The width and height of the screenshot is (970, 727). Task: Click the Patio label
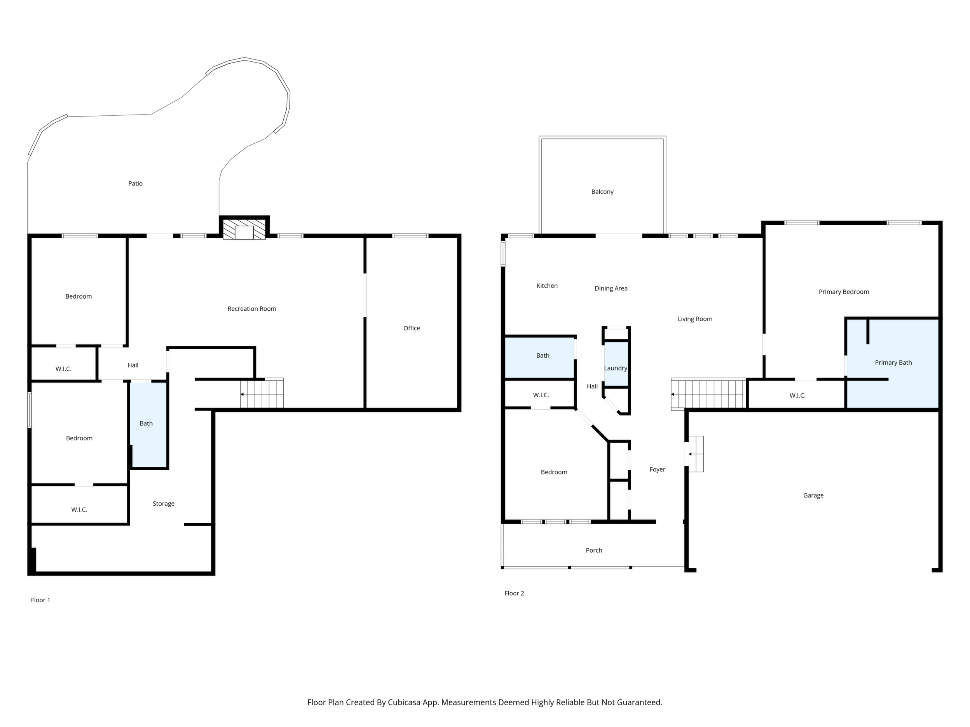[x=135, y=184]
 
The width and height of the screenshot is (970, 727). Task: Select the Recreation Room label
[x=252, y=309]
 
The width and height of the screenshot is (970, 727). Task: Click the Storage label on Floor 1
[x=164, y=504]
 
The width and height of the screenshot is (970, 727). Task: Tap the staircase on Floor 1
[x=262, y=393]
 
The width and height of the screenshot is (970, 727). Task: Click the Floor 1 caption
[x=40, y=600]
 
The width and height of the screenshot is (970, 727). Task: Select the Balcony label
[x=602, y=192]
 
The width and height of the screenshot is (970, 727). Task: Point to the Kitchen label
[x=547, y=286]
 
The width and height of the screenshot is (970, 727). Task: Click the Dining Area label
[x=611, y=288]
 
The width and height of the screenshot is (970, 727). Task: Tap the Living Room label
[x=694, y=319]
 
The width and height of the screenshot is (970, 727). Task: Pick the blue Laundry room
[x=616, y=364]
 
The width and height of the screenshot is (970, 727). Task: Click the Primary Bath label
[x=893, y=362]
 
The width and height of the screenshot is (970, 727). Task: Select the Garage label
[x=813, y=496]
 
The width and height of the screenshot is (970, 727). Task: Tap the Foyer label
[x=657, y=470]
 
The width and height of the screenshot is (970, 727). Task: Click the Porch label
[x=594, y=550]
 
